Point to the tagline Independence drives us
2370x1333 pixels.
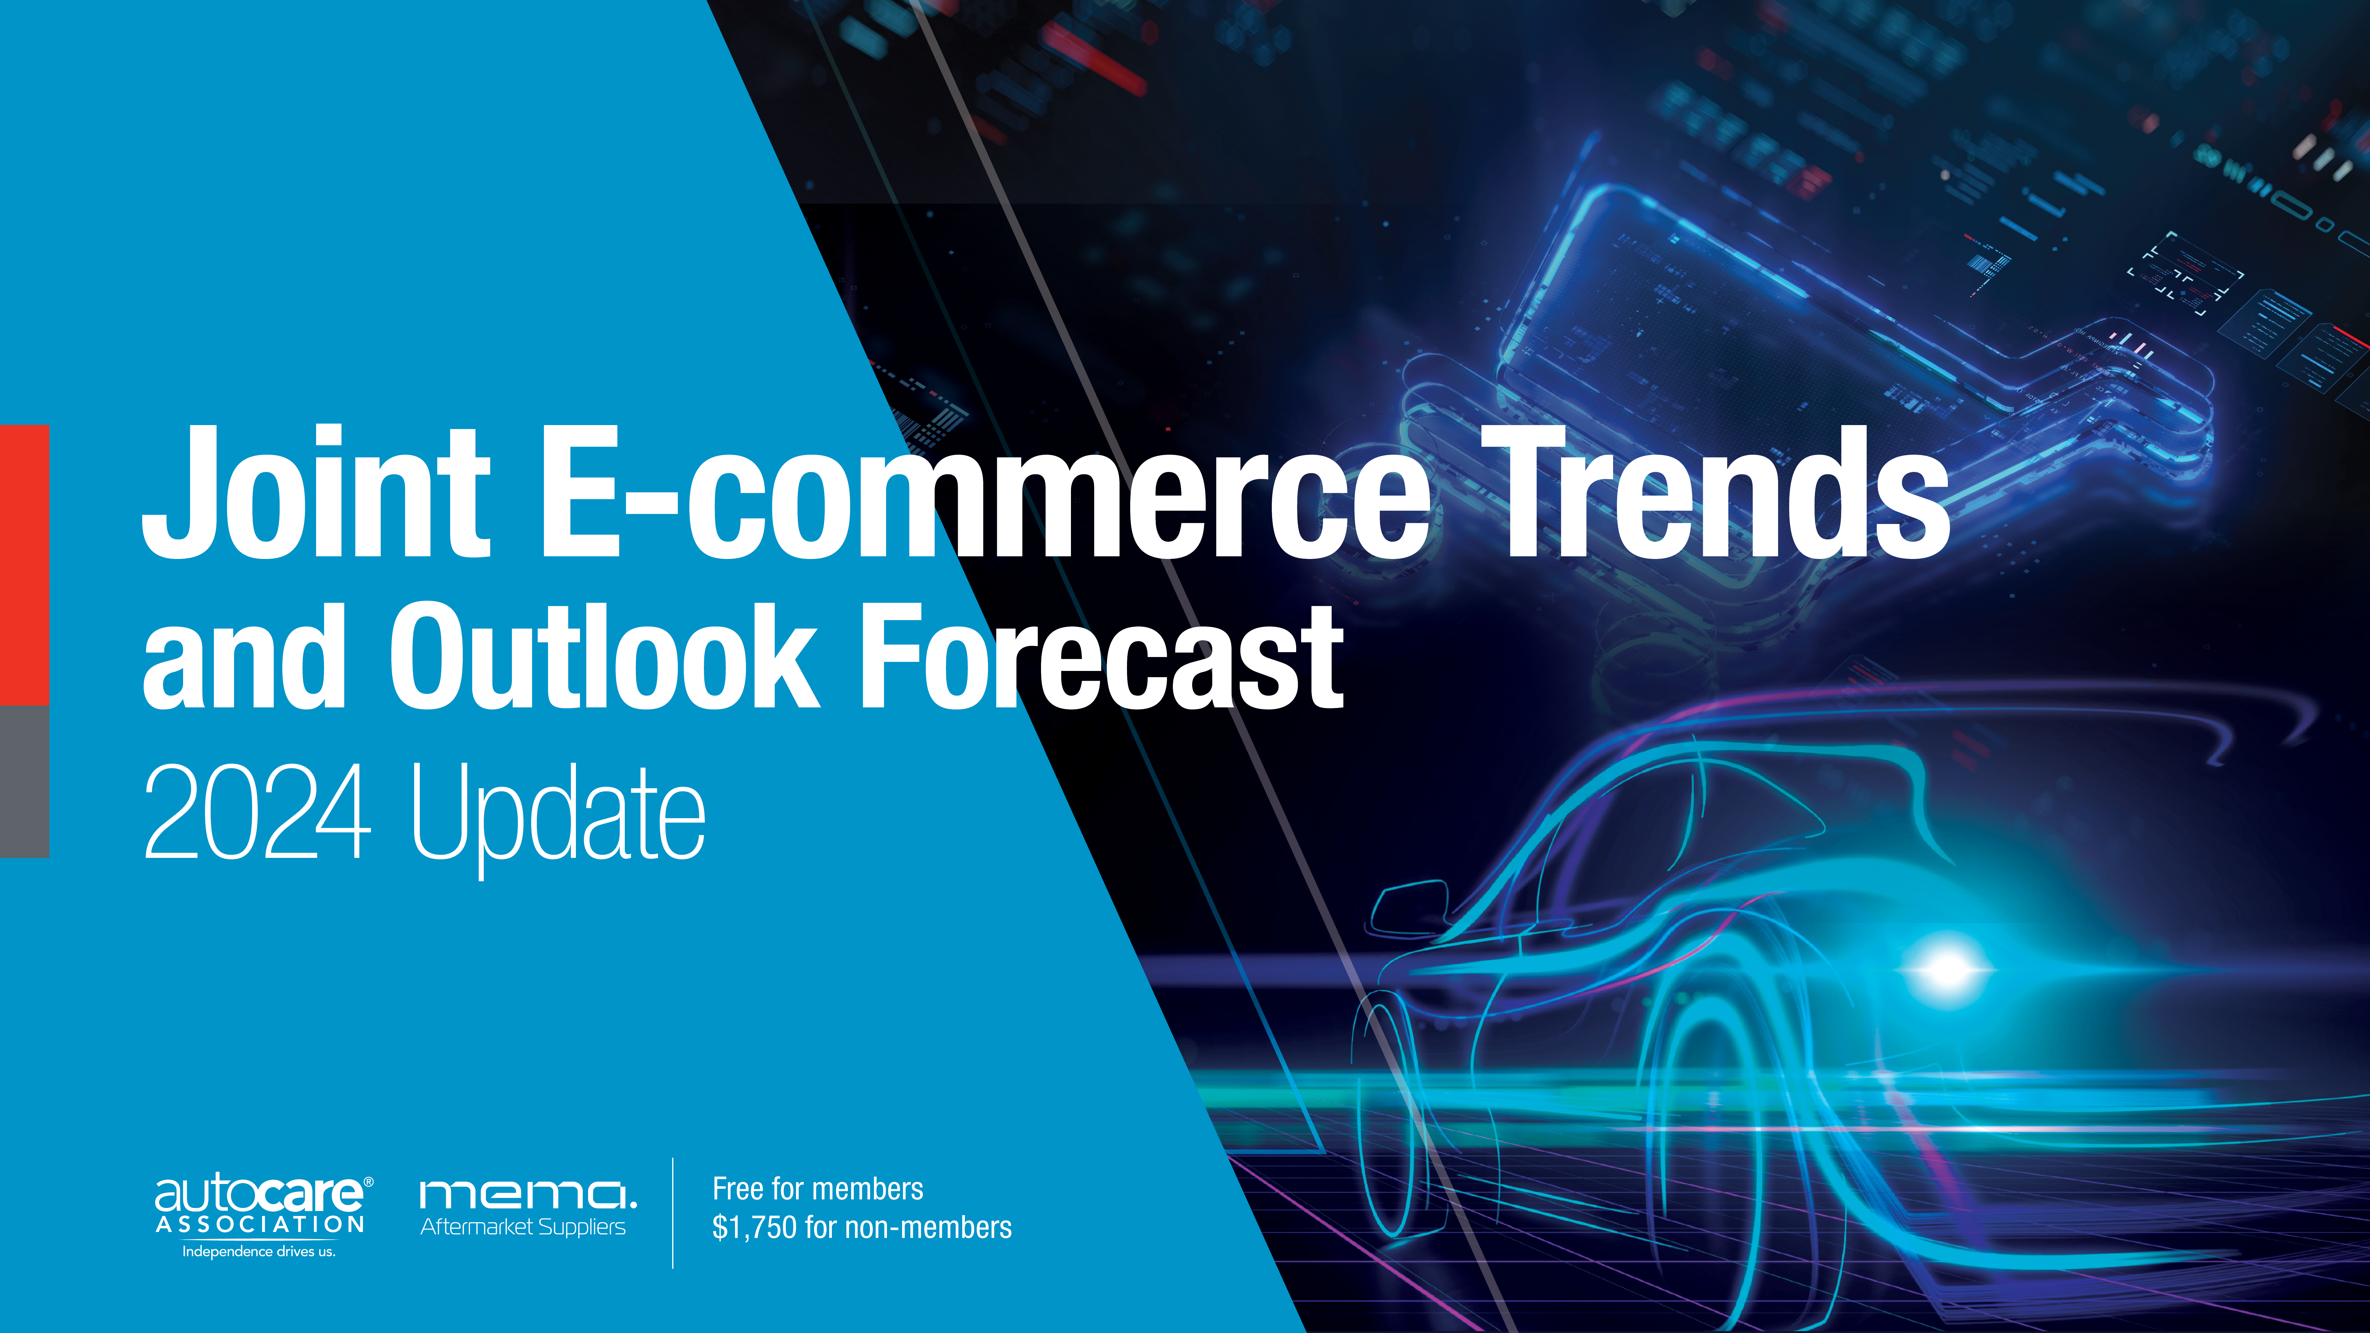click(259, 1251)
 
